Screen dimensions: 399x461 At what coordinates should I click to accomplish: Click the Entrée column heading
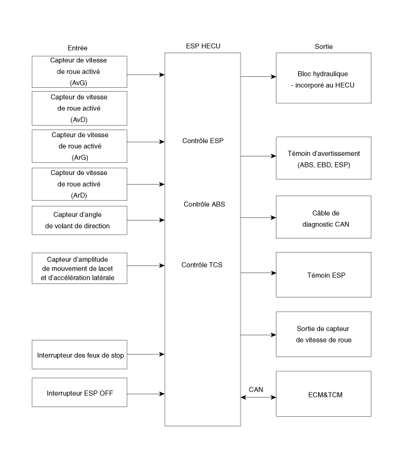pos(78,48)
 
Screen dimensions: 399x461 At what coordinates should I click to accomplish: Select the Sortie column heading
pos(324,46)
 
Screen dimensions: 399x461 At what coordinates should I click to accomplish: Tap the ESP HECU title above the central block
pos(203,46)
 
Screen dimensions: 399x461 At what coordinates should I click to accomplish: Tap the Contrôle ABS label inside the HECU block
pos(204,204)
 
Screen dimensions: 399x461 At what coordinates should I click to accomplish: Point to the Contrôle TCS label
pos(202,265)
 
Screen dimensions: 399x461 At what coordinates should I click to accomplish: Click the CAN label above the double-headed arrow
pos(256,390)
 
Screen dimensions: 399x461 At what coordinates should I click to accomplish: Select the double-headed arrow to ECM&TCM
pos(259,397)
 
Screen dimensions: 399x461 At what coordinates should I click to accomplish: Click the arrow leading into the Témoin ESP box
pos(259,273)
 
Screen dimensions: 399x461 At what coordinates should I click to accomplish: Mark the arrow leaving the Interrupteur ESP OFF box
pos(146,394)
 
